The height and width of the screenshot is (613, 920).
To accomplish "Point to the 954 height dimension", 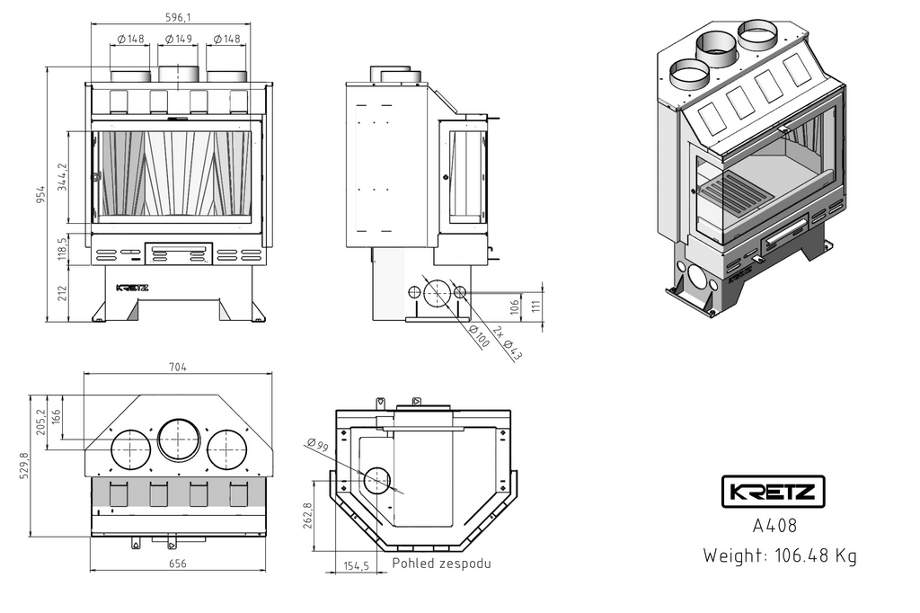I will tap(40, 194).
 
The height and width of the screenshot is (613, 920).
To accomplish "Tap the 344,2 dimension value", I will tap(62, 178).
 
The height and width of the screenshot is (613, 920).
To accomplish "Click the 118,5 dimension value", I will tap(62, 249).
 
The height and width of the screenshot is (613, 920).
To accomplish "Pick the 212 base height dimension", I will tap(62, 294).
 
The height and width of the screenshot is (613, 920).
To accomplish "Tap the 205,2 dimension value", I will tap(40, 422).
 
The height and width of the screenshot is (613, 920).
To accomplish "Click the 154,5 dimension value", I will tap(357, 565).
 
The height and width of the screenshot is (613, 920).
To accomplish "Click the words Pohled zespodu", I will tap(442, 564).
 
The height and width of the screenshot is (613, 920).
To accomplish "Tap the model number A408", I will tap(774, 526).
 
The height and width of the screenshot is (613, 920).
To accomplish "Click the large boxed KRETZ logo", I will tap(774, 492).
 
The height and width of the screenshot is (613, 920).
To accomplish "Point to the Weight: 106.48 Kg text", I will tap(780, 555).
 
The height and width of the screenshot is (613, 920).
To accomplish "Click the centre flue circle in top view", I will tap(179, 440).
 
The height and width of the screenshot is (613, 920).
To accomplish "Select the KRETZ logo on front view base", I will tap(133, 288).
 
